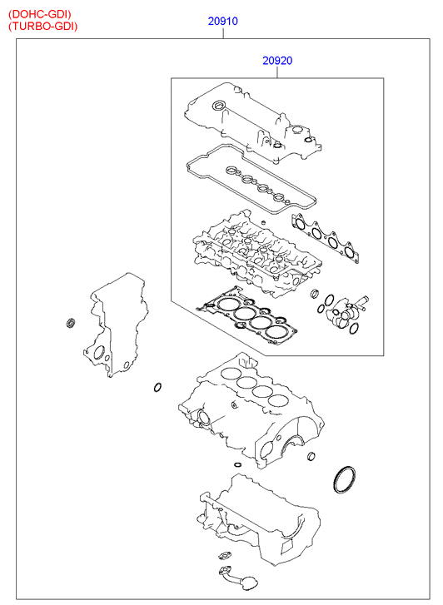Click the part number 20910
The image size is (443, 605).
pyautogui.click(x=223, y=21)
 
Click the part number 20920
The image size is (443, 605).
pyautogui.click(x=277, y=61)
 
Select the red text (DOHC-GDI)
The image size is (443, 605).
pyautogui.click(x=40, y=14)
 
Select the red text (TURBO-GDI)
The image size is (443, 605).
pyautogui.click(x=42, y=27)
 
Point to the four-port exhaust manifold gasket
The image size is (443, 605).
pyautogui.click(x=325, y=238)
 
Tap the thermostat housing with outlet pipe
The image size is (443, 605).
pyautogui.click(x=345, y=311)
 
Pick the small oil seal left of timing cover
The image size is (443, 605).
pyautogui.click(x=71, y=323)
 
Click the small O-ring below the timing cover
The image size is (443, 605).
pyautogui.click(x=157, y=387)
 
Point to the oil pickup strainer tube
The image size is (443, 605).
pyautogui.click(x=236, y=578)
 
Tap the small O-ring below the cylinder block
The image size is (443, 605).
pyautogui.click(x=239, y=464)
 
